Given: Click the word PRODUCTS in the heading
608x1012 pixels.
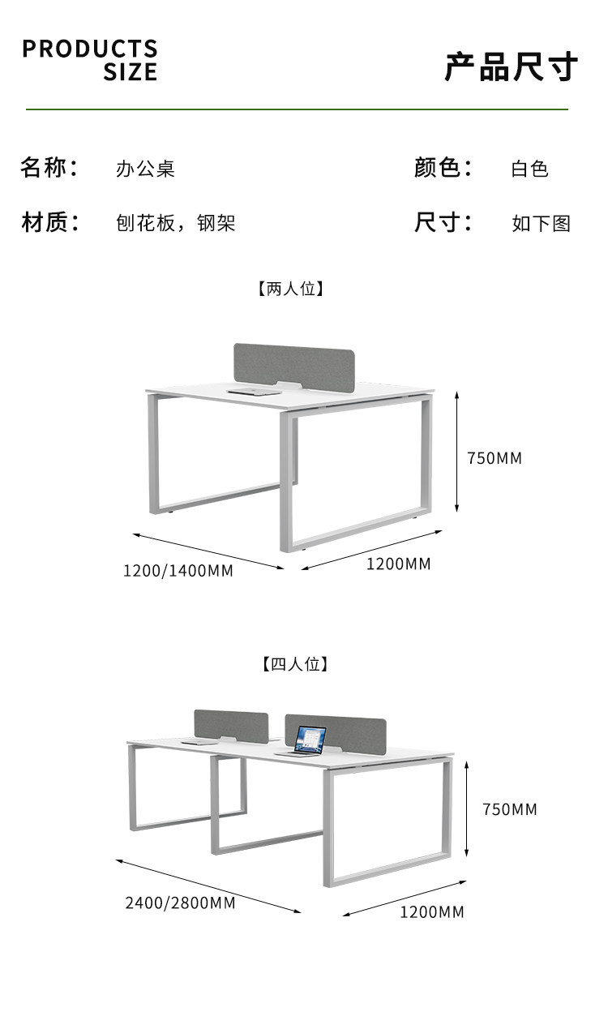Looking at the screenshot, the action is click(89, 49).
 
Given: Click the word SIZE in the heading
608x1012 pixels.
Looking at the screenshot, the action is click(130, 72).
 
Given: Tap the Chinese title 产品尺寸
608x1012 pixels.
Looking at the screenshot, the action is click(511, 66).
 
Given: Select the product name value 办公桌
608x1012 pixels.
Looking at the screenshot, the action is click(145, 169).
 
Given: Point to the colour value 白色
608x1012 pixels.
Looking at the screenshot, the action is click(529, 169).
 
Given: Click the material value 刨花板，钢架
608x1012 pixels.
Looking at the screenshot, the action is click(175, 223).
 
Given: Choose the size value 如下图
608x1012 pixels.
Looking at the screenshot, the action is click(542, 223).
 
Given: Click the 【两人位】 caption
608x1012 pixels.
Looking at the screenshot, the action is click(291, 288).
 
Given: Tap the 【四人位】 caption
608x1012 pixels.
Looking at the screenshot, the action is click(295, 663).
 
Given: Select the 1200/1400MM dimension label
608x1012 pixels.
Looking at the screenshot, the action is click(178, 571).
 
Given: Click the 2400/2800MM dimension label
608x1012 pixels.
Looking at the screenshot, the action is click(180, 903).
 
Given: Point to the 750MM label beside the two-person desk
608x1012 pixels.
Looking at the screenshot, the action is click(495, 458).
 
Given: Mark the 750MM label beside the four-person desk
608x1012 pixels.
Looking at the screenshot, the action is click(510, 809).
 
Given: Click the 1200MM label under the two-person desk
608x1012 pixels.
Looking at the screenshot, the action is click(398, 564).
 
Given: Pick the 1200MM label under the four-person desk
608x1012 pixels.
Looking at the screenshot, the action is click(432, 911).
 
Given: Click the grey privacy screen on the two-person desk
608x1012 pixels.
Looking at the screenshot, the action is click(294, 367).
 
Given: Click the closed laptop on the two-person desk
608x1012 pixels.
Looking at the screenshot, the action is click(254, 392).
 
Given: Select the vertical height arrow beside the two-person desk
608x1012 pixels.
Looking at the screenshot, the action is click(456, 452).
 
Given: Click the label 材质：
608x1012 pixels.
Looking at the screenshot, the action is click(50, 222).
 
